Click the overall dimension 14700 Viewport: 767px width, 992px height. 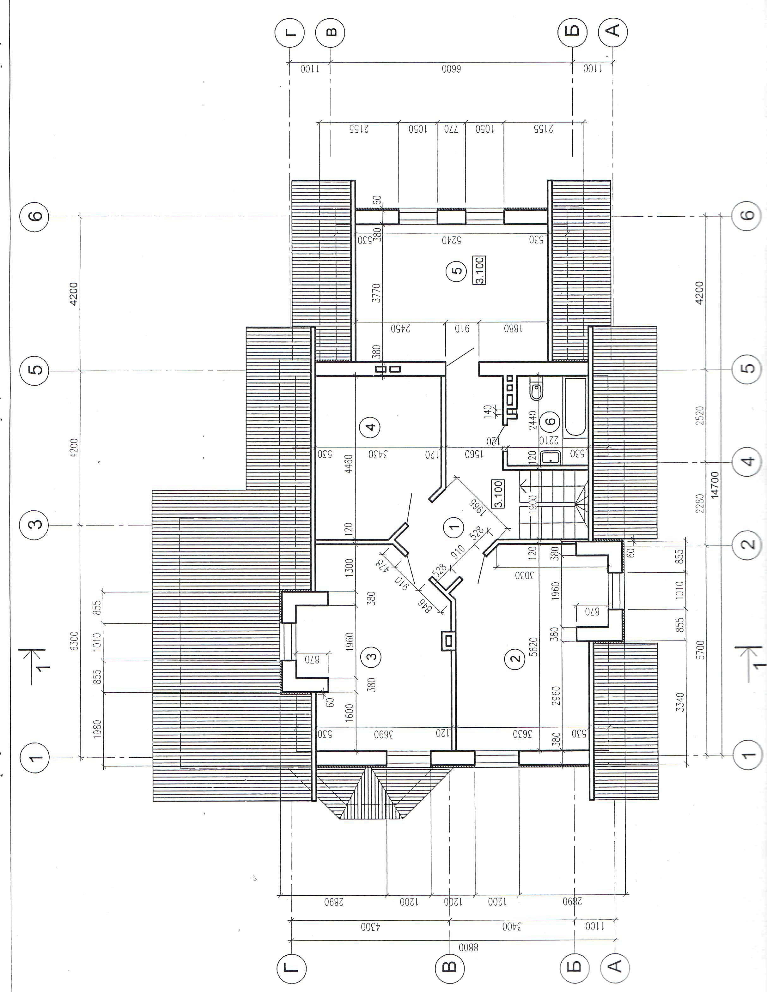[715, 485]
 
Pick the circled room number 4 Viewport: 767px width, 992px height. [371, 427]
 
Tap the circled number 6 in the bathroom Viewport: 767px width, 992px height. [550, 421]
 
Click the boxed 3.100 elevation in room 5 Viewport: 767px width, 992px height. [480, 270]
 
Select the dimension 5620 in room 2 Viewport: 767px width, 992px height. [533, 647]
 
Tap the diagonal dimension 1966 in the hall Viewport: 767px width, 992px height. [478, 508]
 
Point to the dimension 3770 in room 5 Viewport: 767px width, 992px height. [376, 293]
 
